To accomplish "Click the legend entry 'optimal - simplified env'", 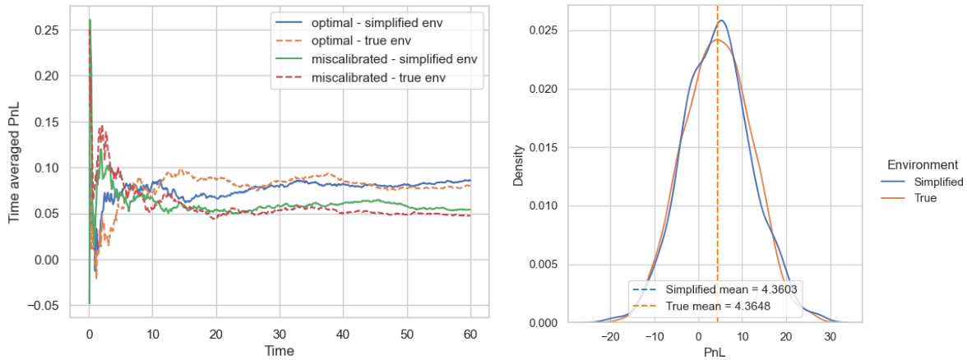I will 377,22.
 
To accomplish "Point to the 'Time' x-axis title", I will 279,351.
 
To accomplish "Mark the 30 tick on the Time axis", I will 280,335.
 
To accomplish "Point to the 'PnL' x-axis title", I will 714,351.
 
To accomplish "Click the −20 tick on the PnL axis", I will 609,336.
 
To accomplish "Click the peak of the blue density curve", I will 720,21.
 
